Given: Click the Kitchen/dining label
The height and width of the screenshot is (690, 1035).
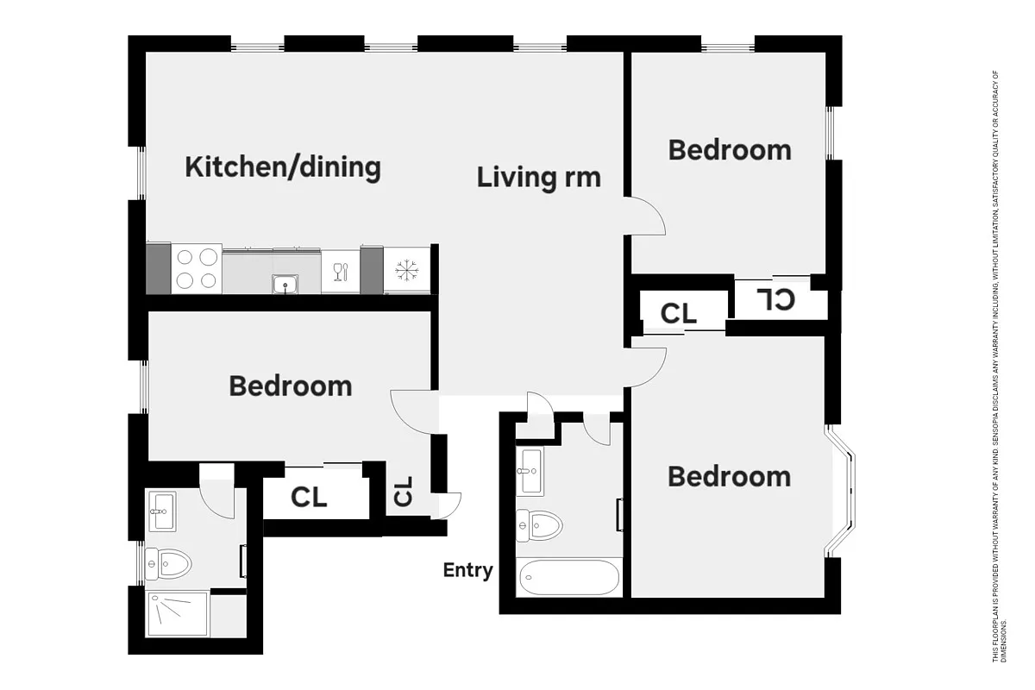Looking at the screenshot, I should (x=283, y=166).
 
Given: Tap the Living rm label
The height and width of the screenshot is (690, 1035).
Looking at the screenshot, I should (x=538, y=178).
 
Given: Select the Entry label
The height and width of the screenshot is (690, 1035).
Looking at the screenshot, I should (x=467, y=570).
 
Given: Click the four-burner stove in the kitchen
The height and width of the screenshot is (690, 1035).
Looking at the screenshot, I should (x=196, y=268).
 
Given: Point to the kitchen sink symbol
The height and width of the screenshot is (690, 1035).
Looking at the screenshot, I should (x=285, y=283).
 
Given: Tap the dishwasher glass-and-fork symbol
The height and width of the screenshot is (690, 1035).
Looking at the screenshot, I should (x=340, y=271).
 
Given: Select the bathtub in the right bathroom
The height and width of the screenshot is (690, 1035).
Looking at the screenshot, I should (x=568, y=577).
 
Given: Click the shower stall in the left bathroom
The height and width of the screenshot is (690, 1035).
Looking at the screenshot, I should (x=177, y=614).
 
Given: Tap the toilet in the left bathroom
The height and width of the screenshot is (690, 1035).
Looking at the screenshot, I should (x=168, y=565).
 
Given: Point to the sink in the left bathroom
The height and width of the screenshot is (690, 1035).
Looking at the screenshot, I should (x=161, y=511).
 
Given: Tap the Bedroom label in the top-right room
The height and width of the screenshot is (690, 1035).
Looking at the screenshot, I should (x=730, y=150).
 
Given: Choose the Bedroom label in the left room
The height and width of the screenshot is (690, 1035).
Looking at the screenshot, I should (x=291, y=386).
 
